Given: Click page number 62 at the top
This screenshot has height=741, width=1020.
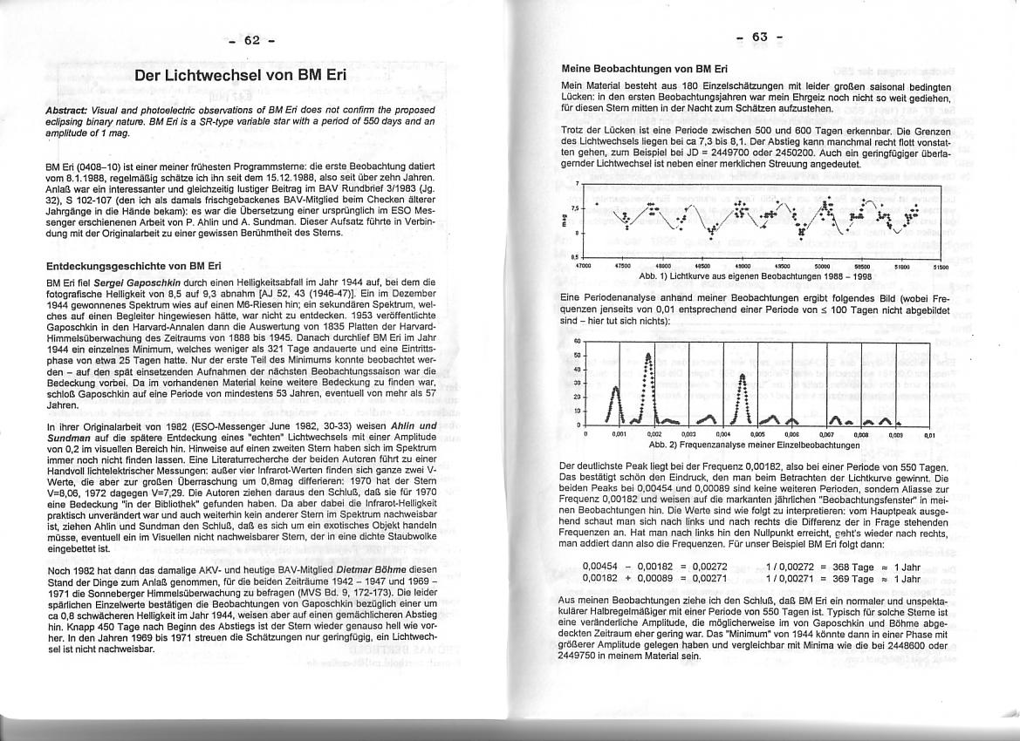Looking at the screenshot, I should pos(252,40).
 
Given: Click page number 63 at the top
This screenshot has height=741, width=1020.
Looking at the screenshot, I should pos(758,37).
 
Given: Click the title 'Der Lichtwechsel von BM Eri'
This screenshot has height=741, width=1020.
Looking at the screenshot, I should pos(241,75).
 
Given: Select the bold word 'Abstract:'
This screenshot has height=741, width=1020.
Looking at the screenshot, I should pos(68,113).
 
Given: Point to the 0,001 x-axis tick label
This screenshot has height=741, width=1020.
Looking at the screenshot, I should pos(619,433).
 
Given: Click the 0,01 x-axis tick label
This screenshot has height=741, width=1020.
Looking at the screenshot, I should pos(929,433).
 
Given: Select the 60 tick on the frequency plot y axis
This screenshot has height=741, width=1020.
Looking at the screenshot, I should pos(577,342).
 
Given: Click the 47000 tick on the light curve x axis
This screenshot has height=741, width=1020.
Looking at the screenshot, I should pos(584,266).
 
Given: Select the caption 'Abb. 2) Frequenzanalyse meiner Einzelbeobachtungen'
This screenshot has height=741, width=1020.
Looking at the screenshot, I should pos(755,444).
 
